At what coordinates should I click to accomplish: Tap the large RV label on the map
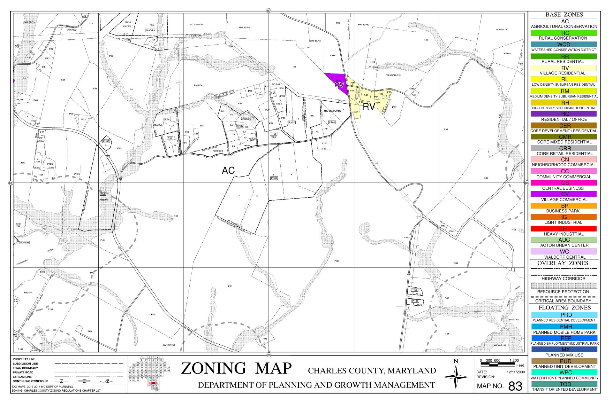(x=369, y=107)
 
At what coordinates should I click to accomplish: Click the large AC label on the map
(x=228, y=171)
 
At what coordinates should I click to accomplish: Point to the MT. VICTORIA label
(x=332, y=111)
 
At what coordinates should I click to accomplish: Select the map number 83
(x=515, y=386)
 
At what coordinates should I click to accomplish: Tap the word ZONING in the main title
(x=214, y=368)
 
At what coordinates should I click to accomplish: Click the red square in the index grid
(x=154, y=383)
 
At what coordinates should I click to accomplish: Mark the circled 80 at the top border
(x=269, y=11)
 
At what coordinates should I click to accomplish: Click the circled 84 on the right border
(x=526, y=183)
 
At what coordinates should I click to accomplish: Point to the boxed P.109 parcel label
(x=274, y=178)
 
